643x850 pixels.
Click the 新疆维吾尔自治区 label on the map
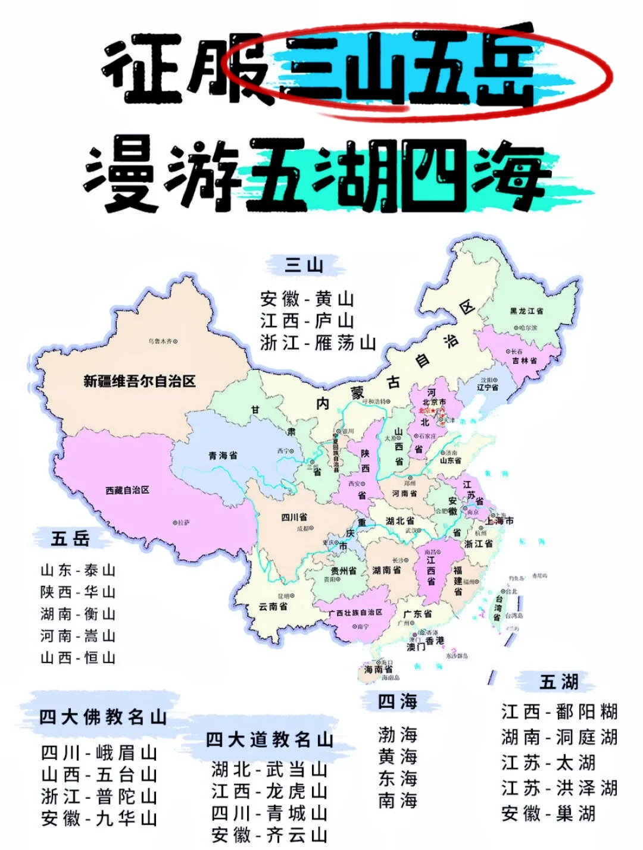139,381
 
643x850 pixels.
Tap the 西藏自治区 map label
127,490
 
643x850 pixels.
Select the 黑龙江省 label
526,311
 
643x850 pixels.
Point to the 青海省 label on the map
223,455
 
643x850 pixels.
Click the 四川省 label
294,517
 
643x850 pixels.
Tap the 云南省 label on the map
273,606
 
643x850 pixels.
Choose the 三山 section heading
304,265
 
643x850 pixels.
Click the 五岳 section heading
70,538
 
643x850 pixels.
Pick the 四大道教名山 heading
270,740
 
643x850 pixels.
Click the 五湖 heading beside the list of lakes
559,682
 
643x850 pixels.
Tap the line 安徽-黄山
307,299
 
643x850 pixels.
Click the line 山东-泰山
78,570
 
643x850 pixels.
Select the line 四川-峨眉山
99,752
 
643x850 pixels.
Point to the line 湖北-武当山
270,770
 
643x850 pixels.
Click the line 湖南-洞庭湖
559,738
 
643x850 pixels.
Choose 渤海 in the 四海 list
398,735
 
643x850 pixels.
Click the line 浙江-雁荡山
318,343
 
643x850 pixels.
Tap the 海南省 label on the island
378,669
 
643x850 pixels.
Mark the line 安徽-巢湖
548,813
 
